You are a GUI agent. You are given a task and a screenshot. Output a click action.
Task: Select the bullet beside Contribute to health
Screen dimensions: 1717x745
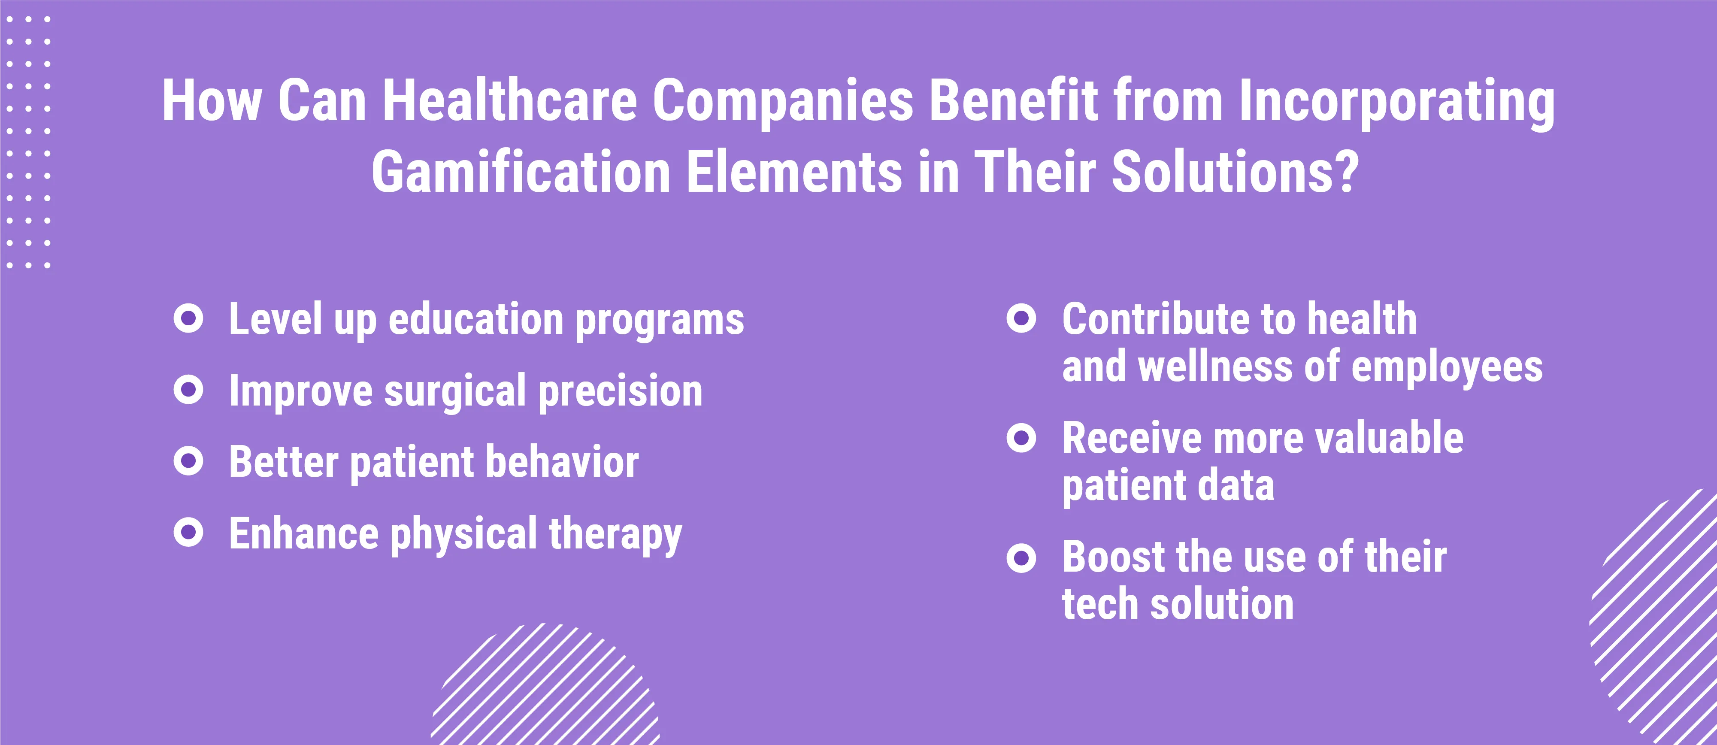(1021, 318)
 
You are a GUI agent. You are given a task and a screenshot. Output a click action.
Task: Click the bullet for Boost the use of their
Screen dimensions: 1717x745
(1021, 558)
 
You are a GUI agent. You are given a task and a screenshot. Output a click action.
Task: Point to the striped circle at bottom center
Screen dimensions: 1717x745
(545, 685)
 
